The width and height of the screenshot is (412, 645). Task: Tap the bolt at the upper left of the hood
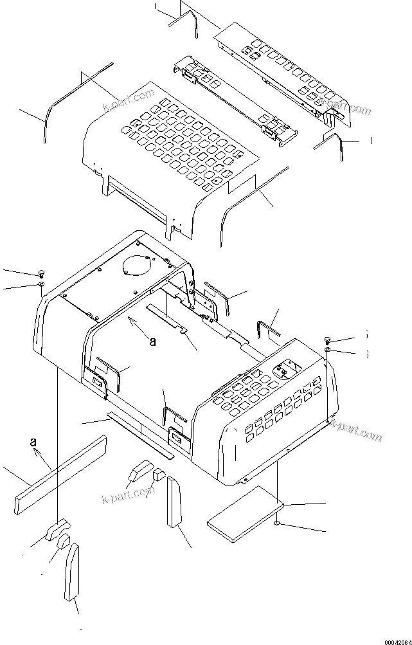[x=42, y=273]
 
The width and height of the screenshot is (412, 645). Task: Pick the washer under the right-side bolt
[x=328, y=350]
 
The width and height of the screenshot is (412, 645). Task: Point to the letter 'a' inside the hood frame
[x=152, y=342]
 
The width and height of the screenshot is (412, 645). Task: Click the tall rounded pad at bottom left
[x=72, y=571]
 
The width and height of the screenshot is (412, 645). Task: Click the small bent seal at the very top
[x=186, y=19]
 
